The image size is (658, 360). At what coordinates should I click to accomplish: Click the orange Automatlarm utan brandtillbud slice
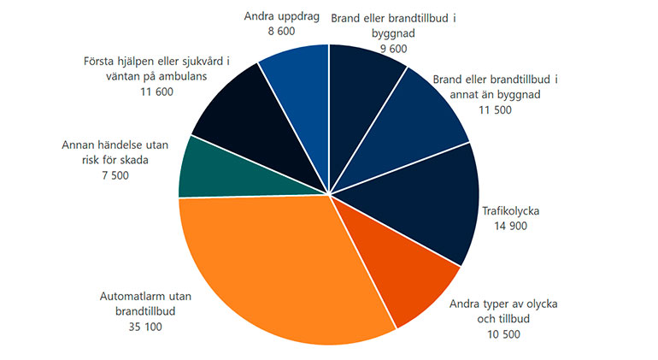(273, 265)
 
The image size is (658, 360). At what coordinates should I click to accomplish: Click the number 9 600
(389, 48)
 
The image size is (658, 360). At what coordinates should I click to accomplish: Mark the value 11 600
(153, 91)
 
